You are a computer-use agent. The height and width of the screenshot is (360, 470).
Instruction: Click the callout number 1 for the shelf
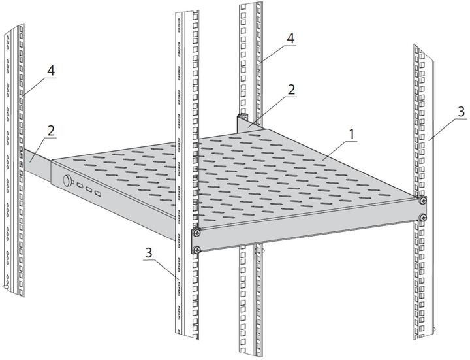pyautogui.click(x=352, y=134)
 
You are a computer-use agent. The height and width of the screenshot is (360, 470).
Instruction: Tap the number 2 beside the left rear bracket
pyautogui.click(x=52, y=131)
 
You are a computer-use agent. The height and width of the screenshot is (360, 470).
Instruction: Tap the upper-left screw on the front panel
pyautogui.click(x=196, y=232)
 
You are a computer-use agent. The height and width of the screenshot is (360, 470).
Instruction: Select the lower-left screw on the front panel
pyautogui.click(x=196, y=248)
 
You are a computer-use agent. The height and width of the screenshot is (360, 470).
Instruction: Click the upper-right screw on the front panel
pyautogui.click(x=423, y=200)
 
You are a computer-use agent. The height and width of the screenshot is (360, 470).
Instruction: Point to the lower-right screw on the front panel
pyautogui.click(x=423, y=217)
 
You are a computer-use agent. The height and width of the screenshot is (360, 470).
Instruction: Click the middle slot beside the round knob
pyautogui.click(x=88, y=191)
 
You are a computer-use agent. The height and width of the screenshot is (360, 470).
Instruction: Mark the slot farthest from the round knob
pyautogui.click(x=97, y=194)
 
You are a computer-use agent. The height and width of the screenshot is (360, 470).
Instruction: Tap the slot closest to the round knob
pyautogui.click(x=79, y=187)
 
